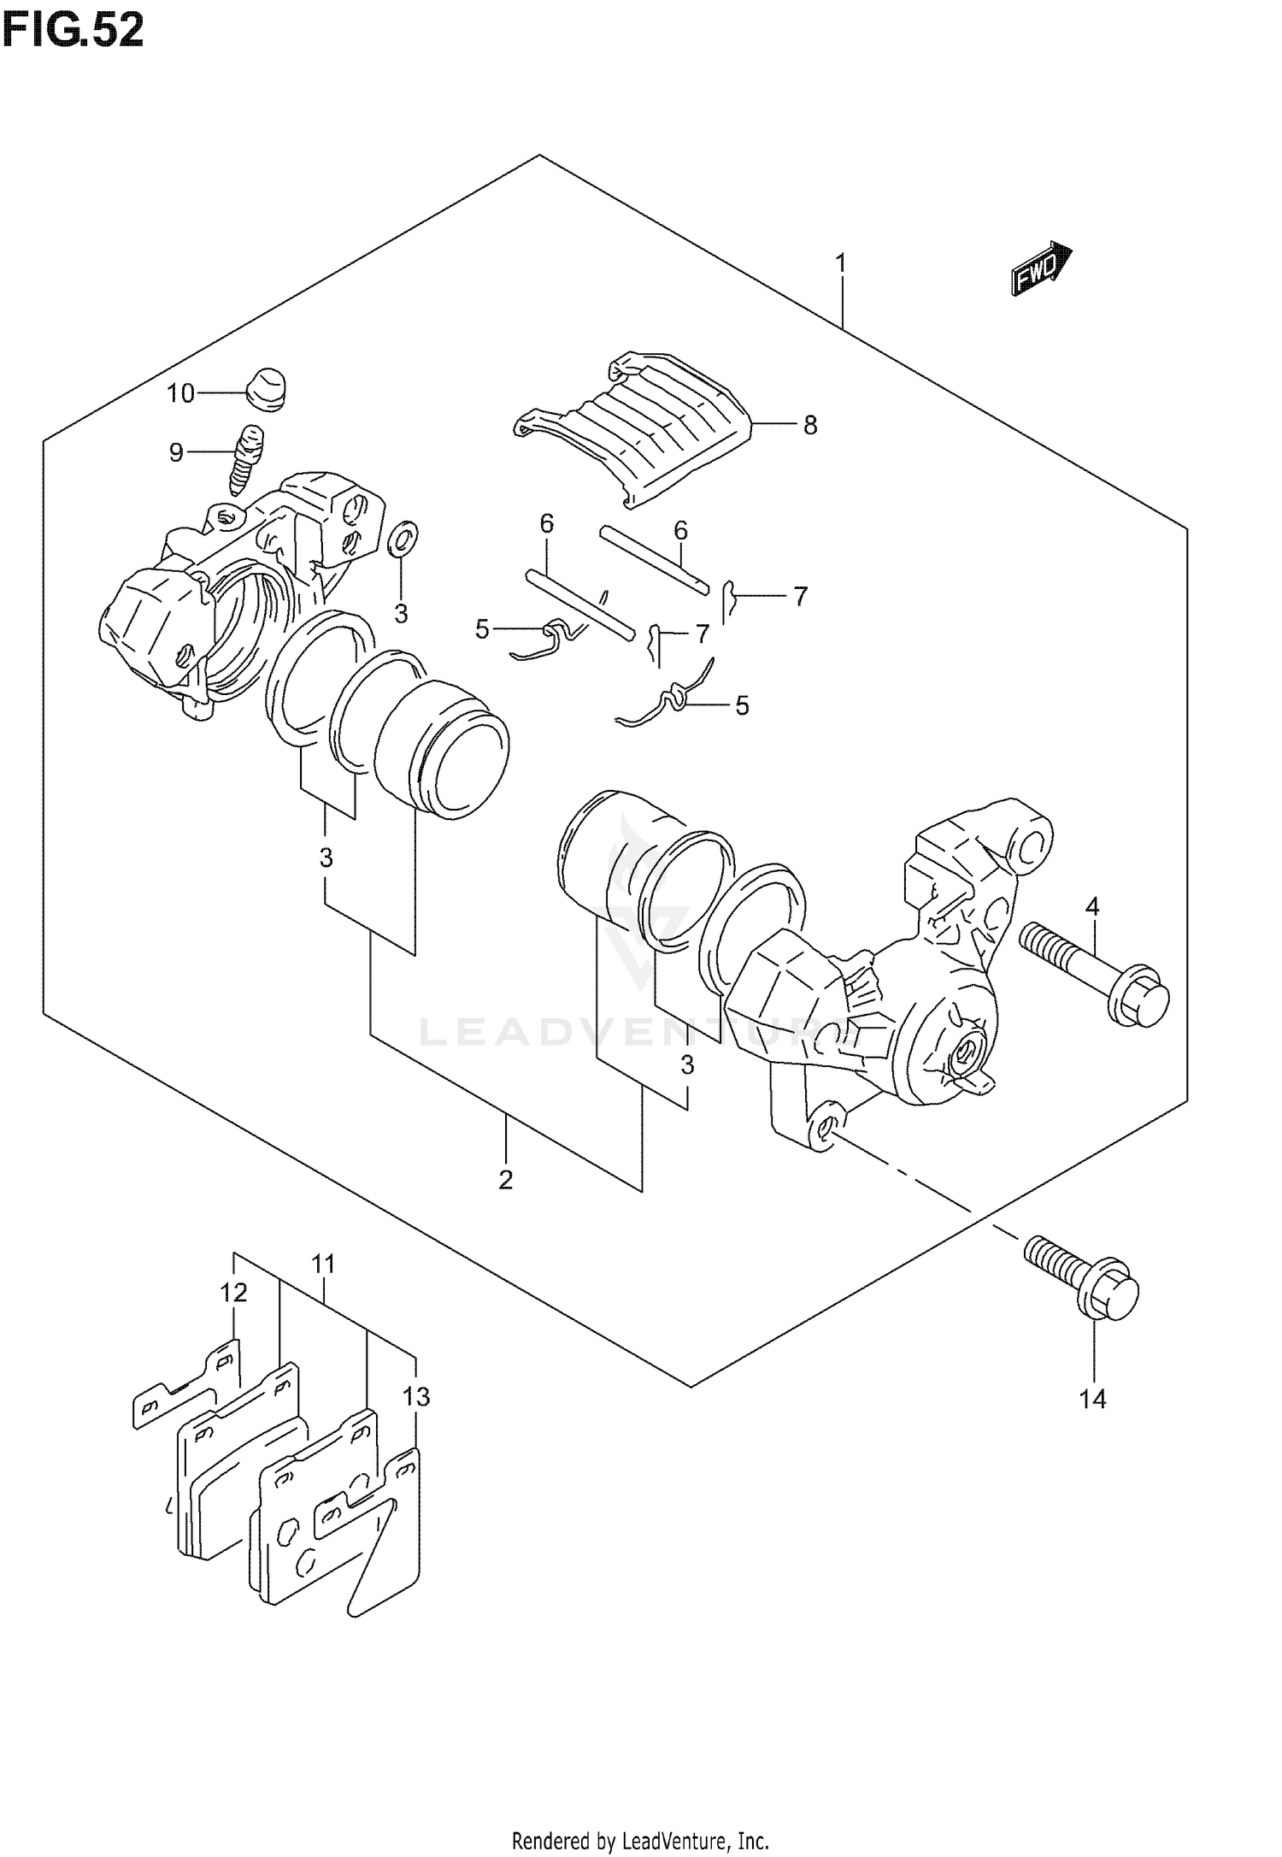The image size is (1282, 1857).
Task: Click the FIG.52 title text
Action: tap(73, 31)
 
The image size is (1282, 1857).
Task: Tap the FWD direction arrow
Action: tap(1042, 270)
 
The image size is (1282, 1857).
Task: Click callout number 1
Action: tap(841, 263)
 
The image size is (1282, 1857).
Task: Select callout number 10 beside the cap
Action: tap(181, 393)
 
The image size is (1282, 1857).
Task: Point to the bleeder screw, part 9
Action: tap(246, 460)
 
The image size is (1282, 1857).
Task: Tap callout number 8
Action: tap(809, 425)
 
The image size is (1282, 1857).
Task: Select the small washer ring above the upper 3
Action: tap(403, 539)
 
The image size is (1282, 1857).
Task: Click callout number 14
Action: tap(1093, 1400)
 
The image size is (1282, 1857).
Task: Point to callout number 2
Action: tap(506, 1180)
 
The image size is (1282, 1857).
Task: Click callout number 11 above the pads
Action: tap(323, 1264)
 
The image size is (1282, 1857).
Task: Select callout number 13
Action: tap(416, 1397)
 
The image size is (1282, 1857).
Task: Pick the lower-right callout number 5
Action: tap(742, 705)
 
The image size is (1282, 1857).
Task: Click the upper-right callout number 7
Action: tap(800, 596)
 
